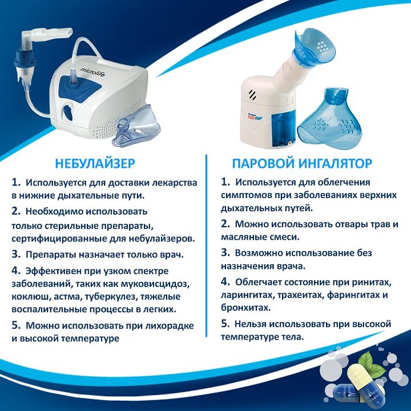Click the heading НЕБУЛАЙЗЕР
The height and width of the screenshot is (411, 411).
click(x=95, y=163)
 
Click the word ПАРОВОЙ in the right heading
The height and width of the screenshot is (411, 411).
click(x=264, y=163)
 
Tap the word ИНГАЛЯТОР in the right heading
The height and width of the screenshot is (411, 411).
click(x=335, y=163)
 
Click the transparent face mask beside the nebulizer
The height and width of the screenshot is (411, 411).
click(x=136, y=127)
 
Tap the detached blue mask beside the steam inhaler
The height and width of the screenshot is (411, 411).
click(x=331, y=119)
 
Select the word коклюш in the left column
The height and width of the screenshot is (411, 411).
click(x=31, y=297)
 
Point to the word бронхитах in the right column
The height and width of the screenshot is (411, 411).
click(x=245, y=308)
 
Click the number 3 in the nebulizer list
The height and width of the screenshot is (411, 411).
click(x=16, y=254)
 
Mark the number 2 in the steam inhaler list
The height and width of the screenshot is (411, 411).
click(x=225, y=224)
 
